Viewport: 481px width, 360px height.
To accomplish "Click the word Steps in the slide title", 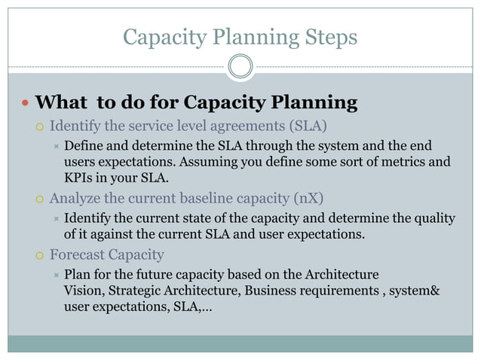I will click(326, 36).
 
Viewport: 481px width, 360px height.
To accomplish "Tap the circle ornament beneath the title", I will click(240, 66).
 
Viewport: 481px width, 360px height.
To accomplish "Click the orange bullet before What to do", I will click(24, 102).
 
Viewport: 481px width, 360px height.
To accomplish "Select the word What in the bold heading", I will click(60, 102).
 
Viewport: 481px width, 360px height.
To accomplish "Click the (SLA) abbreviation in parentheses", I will click(310, 125).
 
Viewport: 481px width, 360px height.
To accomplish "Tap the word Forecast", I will click(78, 255).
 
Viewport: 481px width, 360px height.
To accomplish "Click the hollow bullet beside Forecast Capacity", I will click(39, 255).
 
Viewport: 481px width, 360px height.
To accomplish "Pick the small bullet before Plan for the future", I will click(55, 274).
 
